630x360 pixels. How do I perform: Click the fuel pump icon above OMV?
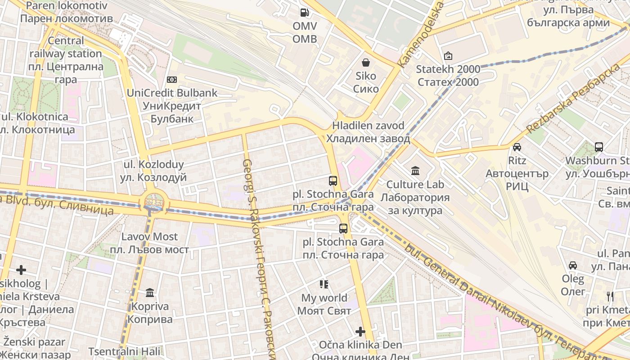[x=305, y=13]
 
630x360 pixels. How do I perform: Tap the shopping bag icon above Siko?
[x=366, y=62]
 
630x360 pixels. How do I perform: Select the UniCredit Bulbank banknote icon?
[x=171, y=80]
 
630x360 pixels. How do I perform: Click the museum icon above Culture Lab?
[x=415, y=171]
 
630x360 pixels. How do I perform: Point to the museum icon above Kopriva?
[x=150, y=293]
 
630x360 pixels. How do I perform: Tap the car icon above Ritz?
[x=517, y=147]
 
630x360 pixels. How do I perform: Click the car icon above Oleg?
[x=573, y=265]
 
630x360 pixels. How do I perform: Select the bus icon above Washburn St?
[x=598, y=147]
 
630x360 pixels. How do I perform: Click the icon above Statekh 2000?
[x=448, y=56]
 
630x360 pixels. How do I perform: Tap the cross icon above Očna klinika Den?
[x=360, y=332]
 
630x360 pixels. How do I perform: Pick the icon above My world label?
[x=324, y=284]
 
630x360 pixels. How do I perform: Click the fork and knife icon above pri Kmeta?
[x=610, y=297]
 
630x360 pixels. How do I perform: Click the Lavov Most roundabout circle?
[x=154, y=202]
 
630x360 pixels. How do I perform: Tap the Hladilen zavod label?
[x=368, y=132]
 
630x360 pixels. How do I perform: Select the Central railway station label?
[x=66, y=60]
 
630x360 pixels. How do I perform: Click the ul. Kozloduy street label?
[x=153, y=171]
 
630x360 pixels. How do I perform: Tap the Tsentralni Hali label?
[x=117, y=351]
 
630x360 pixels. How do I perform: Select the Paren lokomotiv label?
[x=67, y=12]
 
